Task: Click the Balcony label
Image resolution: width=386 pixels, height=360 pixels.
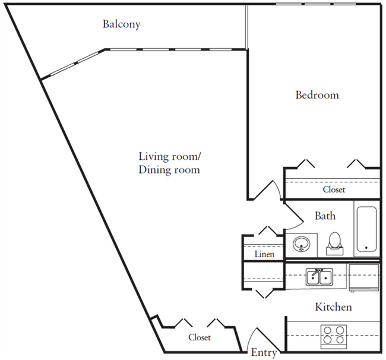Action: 121,24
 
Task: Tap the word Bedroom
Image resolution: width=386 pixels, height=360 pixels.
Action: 317,94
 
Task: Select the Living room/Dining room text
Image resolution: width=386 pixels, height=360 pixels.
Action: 169,163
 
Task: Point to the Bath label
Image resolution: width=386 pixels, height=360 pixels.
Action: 325,216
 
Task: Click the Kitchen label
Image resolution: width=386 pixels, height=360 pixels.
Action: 333,307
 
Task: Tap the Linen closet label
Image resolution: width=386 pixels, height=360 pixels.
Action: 264,254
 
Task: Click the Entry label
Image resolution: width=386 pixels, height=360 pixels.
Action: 264,353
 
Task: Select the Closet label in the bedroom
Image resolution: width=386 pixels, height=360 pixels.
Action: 334,190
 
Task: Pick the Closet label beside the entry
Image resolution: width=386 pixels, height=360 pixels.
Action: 200,337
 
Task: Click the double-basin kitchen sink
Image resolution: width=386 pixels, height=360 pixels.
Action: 318,277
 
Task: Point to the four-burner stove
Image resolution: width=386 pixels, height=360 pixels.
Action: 333,335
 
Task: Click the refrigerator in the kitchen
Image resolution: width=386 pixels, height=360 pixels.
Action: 363,277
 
